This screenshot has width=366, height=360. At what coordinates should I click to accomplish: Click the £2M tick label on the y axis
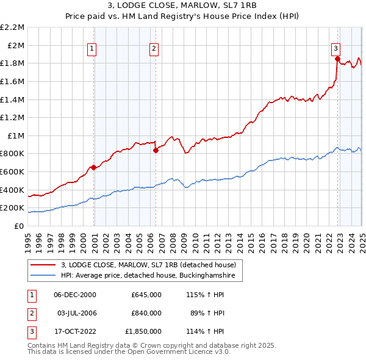(16, 45)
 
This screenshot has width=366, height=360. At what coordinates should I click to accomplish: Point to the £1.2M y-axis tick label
(13, 117)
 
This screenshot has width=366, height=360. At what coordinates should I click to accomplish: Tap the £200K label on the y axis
(13, 208)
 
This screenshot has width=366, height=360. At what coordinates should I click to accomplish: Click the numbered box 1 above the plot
(91, 49)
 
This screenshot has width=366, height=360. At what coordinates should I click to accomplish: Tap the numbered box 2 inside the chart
(154, 49)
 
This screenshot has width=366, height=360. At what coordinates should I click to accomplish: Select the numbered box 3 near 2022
(335, 49)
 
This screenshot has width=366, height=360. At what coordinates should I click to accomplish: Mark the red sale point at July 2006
(156, 150)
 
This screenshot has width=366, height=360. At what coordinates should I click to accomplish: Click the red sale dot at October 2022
(337, 59)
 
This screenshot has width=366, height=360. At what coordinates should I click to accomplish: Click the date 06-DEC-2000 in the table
(75, 295)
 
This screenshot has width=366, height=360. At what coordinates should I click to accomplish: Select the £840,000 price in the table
(146, 313)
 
